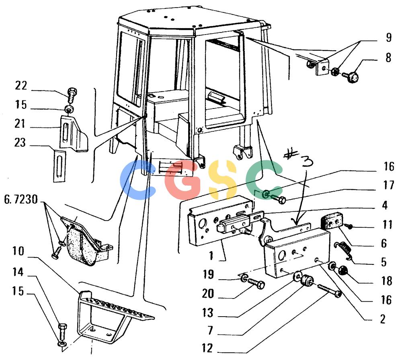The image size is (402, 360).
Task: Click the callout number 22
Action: click(x=21, y=85)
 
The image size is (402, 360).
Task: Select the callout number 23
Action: click(x=20, y=143)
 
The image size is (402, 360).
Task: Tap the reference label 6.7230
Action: click(x=21, y=199)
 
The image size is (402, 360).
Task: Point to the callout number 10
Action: click(x=18, y=251)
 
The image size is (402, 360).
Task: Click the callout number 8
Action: click(x=388, y=57)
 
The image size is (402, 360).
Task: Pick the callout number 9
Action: click(x=389, y=37)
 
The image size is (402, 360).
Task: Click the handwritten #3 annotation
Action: click(x=299, y=158)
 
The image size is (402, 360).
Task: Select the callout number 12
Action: click(x=207, y=348)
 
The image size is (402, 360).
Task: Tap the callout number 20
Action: click(x=208, y=293)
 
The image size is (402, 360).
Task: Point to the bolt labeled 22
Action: click(x=72, y=95)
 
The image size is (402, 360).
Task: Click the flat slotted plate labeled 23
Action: click(x=60, y=167)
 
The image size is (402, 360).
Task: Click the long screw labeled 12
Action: click(x=330, y=290)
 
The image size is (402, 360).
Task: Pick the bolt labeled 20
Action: click(x=256, y=284)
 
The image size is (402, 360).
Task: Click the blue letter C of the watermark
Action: click(x=137, y=180)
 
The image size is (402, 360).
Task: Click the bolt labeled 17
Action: click(x=278, y=199)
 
